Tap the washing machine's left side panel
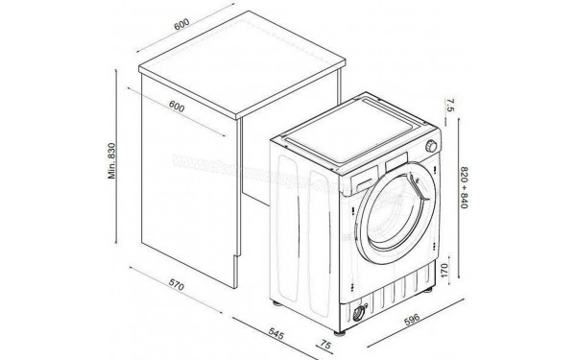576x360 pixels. click(306, 217)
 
